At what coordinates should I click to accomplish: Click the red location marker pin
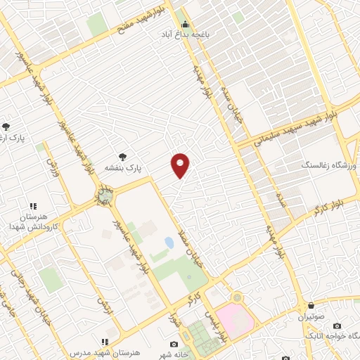click(x=181, y=165)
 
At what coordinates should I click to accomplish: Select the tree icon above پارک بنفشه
click(x=124, y=157)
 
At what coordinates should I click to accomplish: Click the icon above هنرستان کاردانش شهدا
click(x=32, y=207)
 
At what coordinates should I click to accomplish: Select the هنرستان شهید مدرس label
click(x=106, y=352)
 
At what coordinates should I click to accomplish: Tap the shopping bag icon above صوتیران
click(x=311, y=306)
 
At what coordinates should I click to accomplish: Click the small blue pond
click(x=169, y=243)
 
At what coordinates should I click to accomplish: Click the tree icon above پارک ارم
click(x=6, y=127)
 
